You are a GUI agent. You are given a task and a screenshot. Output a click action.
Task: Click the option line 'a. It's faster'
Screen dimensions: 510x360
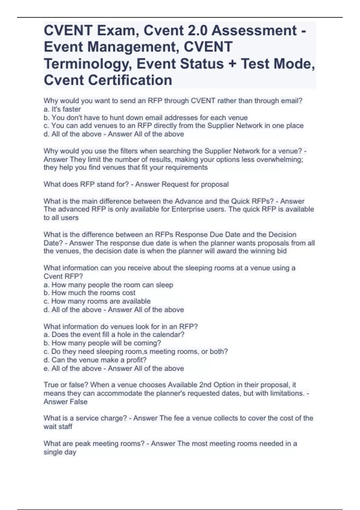(x=62, y=109)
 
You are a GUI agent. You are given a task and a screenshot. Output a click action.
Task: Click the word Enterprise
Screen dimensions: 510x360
(x=186, y=209)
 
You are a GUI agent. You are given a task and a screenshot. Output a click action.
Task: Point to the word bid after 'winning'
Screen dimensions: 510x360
(x=282, y=251)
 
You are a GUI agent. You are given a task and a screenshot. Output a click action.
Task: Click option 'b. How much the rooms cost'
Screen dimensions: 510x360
(x=89, y=293)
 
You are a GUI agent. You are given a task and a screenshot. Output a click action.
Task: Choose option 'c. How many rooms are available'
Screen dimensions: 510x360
(x=97, y=301)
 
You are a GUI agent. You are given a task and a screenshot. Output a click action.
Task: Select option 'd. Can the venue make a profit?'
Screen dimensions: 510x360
(x=95, y=360)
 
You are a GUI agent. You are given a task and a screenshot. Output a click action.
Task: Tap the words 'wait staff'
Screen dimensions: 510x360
(x=58, y=427)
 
